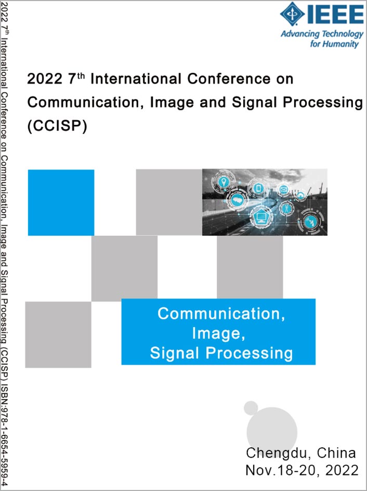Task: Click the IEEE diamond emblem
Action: pos(292,14)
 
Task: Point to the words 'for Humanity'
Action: pos(334,44)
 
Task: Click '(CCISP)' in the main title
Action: pos(57,126)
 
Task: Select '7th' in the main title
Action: pos(76,79)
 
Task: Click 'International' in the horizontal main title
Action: pos(136,79)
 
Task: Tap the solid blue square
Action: pos(61,202)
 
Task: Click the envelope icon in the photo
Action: pos(283,189)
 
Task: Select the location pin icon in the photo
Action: pos(224,182)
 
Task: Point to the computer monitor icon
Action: pos(260,216)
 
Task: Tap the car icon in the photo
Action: pos(238,199)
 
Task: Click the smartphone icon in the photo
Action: pos(258,188)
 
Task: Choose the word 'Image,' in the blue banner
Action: pos(218,333)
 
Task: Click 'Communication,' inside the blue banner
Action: pos(221,314)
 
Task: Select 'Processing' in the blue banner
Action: pos(249,353)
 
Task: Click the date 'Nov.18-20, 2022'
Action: pos(302,470)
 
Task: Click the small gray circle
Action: pos(251,407)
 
